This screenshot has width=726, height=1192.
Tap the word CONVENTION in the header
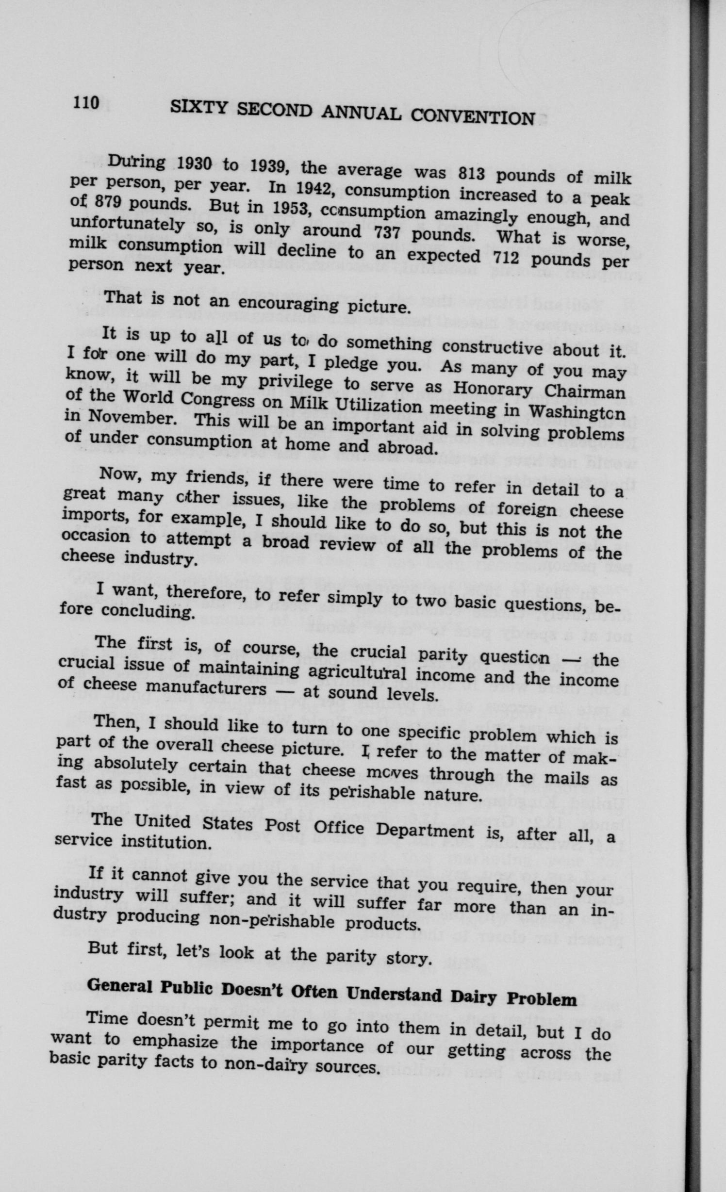(x=473, y=117)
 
